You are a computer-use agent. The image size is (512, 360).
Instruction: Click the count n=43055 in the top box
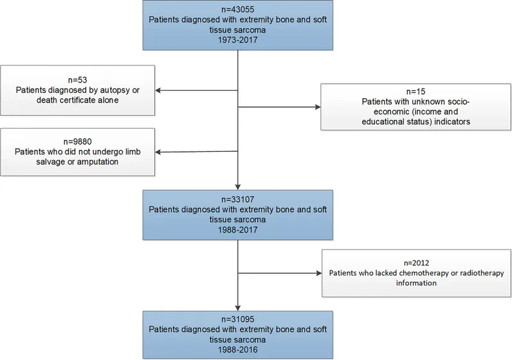coord(237,10)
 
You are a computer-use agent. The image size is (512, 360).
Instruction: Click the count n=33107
coord(237,199)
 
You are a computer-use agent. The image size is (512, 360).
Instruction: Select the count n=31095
coord(237,318)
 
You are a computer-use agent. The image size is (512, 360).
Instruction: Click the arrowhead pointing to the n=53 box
coord(159,90)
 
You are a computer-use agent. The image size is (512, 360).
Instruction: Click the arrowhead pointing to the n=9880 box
coord(159,152)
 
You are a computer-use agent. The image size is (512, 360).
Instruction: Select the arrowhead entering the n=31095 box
coord(237,309)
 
